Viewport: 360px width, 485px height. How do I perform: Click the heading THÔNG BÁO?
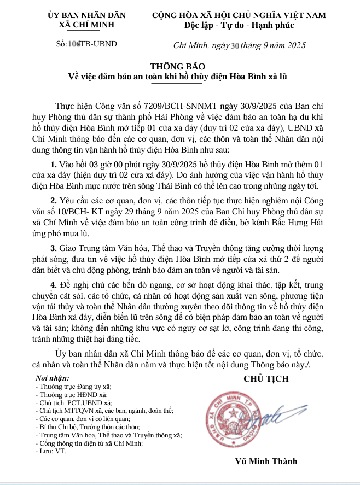[x=180, y=66]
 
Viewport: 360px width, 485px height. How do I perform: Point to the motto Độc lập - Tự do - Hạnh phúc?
[x=239, y=25]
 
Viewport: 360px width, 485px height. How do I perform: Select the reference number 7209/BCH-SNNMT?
[x=176, y=104]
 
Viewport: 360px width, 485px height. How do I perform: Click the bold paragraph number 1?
[x=53, y=165]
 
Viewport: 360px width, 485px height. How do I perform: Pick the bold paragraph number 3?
[x=53, y=249]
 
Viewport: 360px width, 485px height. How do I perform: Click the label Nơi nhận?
[x=53, y=378]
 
